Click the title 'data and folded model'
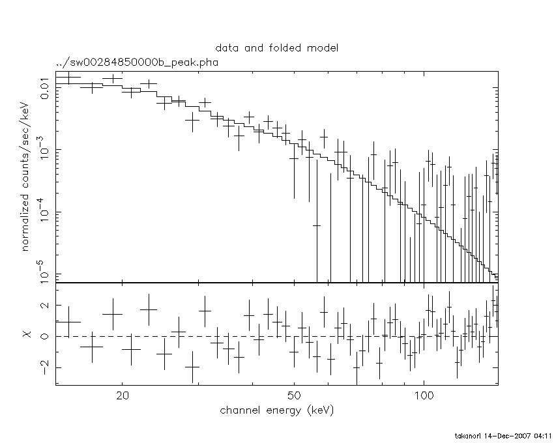pos(277,48)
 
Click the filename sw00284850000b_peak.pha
pos(137,63)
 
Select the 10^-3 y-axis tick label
pos(42,150)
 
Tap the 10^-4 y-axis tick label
pos(42,212)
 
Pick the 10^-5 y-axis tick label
pos(42,274)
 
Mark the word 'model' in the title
pos(323,48)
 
